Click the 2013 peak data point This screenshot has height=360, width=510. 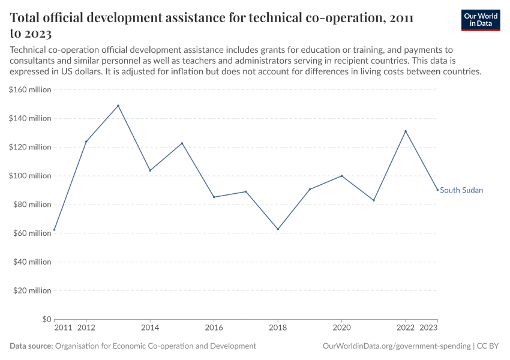click(x=118, y=106)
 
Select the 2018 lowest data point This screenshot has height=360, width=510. click(x=278, y=229)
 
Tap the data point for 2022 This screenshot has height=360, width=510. click(x=406, y=131)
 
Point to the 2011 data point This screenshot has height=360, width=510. click(x=55, y=230)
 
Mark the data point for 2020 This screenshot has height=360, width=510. click(x=342, y=176)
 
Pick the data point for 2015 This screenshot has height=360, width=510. click(x=182, y=143)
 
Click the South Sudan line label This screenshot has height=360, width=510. click(x=461, y=190)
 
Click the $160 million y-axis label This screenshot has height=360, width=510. click(x=30, y=90)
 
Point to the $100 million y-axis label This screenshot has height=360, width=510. click(x=30, y=176)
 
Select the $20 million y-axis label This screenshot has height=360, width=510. click(x=32, y=290)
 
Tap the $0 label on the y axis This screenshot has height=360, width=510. click(x=47, y=319)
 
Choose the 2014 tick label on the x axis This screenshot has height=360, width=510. click(x=150, y=328)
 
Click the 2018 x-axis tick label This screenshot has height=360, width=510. click(x=278, y=328)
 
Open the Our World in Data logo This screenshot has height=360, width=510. click(x=481, y=20)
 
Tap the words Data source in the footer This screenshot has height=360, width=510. click(x=31, y=346)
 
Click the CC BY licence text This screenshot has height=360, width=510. click(x=488, y=346)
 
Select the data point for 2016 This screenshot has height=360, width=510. click(x=214, y=197)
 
